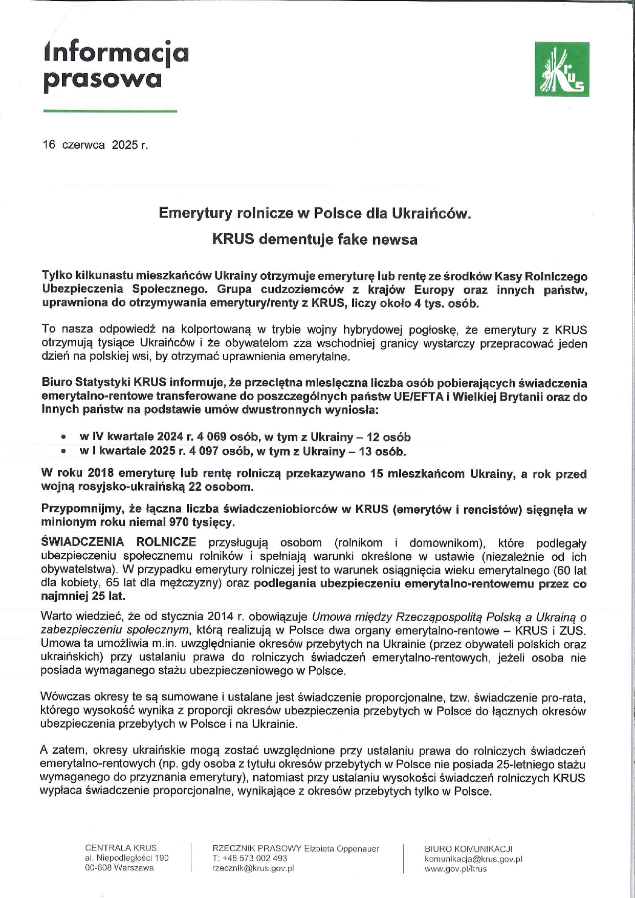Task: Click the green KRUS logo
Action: (x=561, y=69)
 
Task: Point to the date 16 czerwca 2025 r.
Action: (x=95, y=145)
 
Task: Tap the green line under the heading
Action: (x=110, y=111)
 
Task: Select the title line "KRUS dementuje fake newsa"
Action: (x=315, y=239)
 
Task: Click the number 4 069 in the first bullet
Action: (x=210, y=437)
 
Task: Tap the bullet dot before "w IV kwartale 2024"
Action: (x=63, y=438)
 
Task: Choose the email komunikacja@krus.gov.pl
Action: (x=473, y=859)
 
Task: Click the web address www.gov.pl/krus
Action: (x=455, y=869)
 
